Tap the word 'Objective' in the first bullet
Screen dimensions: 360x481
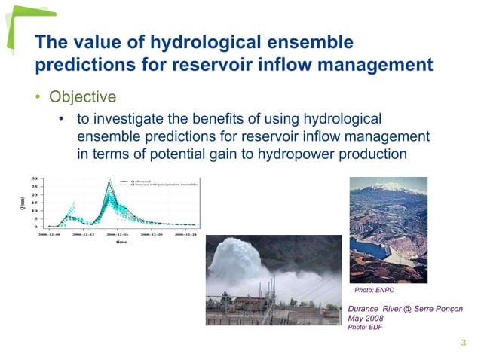click(83, 97)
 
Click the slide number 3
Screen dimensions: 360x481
click(463, 344)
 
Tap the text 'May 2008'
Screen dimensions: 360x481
click(365, 318)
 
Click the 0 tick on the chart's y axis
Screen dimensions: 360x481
click(35, 226)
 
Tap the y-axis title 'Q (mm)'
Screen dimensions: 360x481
click(23, 203)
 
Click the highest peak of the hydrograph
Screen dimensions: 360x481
click(110, 182)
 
